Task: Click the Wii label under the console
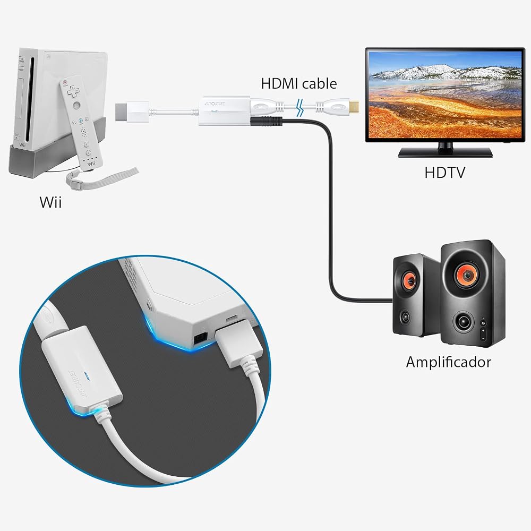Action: click(x=51, y=202)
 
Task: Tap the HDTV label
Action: click(x=444, y=173)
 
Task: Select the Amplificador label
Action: click(x=448, y=362)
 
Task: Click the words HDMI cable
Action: click(x=299, y=84)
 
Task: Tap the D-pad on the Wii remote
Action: click(x=73, y=91)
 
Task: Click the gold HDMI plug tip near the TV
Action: click(x=354, y=107)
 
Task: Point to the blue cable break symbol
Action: click(x=299, y=108)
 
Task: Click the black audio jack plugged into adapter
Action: click(x=266, y=121)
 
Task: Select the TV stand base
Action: click(x=445, y=152)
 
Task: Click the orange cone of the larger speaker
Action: click(x=468, y=275)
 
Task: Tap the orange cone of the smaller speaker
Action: click(x=409, y=280)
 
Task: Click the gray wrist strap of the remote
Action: click(x=101, y=178)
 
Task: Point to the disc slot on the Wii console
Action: click(x=33, y=98)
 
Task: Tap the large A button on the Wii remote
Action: click(x=77, y=105)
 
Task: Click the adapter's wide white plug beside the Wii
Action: click(x=132, y=112)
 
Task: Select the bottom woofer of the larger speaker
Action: click(x=463, y=322)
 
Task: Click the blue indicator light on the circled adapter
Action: click(x=88, y=376)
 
